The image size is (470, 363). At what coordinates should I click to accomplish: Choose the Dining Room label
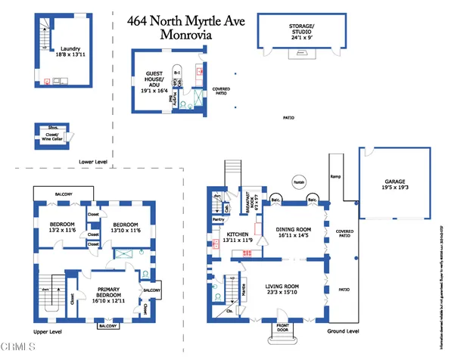click(x=293, y=232)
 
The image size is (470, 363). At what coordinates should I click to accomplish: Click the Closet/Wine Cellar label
click(x=51, y=137)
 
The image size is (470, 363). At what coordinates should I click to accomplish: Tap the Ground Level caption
click(x=342, y=331)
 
